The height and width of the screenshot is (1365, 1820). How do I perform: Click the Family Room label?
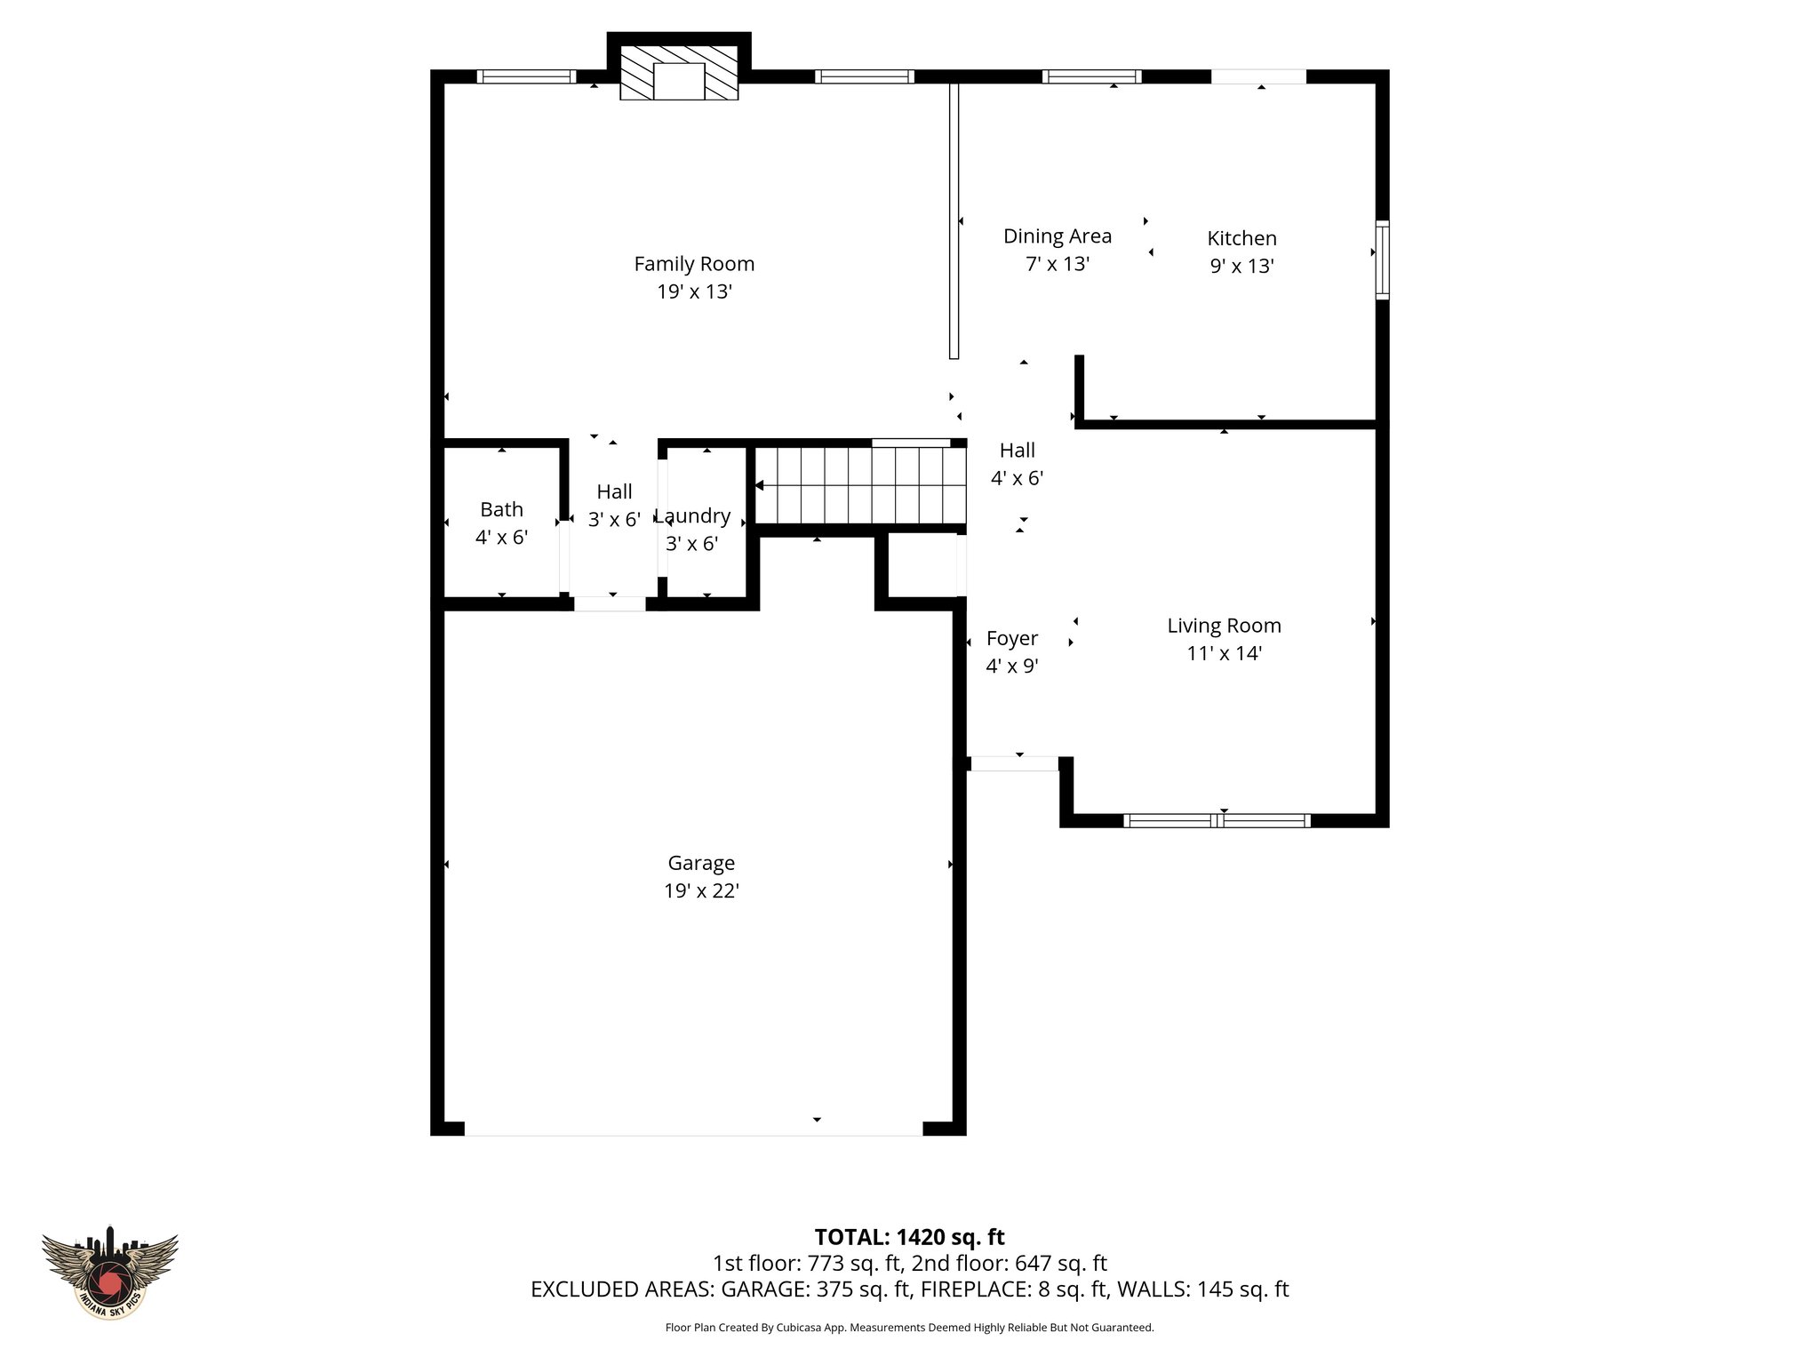(x=694, y=264)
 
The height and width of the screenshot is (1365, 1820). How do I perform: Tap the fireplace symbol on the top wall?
(x=679, y=74)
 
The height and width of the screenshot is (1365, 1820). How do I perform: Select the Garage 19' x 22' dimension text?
(x=701, y=890)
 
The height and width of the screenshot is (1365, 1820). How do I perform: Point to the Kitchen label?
(x=1241, y=238)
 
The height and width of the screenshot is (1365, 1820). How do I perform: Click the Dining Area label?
(x=1057, y=236)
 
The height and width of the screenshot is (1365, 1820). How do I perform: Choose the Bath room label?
(x=501, y=509)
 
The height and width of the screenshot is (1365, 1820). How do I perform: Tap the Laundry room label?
(x=693, y=516)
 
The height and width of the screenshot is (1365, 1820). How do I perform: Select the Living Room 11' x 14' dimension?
(x=1224, y=653)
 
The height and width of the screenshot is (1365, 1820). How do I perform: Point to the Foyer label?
(x=1011, y=638)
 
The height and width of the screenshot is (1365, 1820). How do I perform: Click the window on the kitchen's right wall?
(x=1382, y=259)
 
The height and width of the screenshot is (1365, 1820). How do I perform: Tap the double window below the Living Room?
(x=1217, y=820)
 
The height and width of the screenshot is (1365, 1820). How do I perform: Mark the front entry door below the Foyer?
(x=1014, y=763)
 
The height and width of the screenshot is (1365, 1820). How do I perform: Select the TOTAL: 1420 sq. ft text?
(x=909, y=1237)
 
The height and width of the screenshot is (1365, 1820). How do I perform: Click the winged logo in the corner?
(x=110, y=1271)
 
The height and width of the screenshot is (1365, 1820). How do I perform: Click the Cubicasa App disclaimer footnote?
(x=909, y=1328)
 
